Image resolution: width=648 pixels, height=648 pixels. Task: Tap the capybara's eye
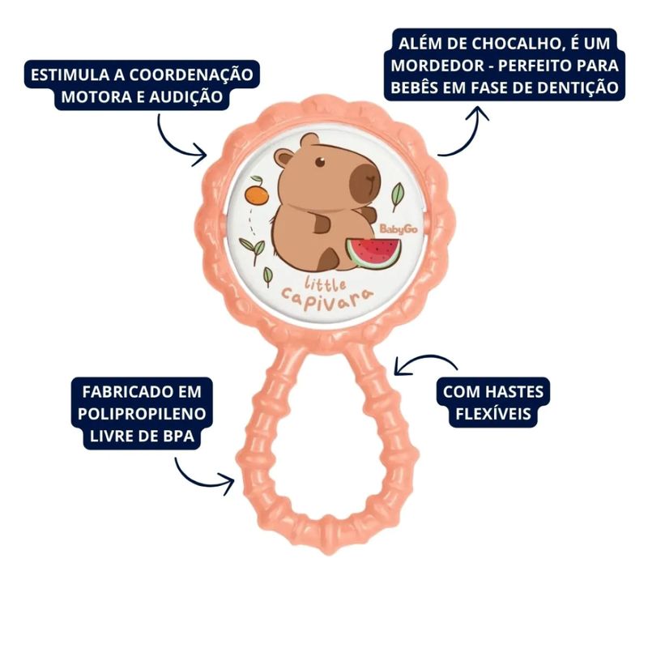[x=319, y=163]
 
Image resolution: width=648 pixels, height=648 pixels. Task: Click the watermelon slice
[x=369, y=253]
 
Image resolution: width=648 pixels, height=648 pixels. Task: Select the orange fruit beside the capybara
[x=257, y=195]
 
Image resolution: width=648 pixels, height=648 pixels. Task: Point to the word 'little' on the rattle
[x=326, y=284]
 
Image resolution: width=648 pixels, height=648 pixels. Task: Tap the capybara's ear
[x=283, y=156]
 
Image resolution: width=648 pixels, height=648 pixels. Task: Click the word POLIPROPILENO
[x=143, y=416]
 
